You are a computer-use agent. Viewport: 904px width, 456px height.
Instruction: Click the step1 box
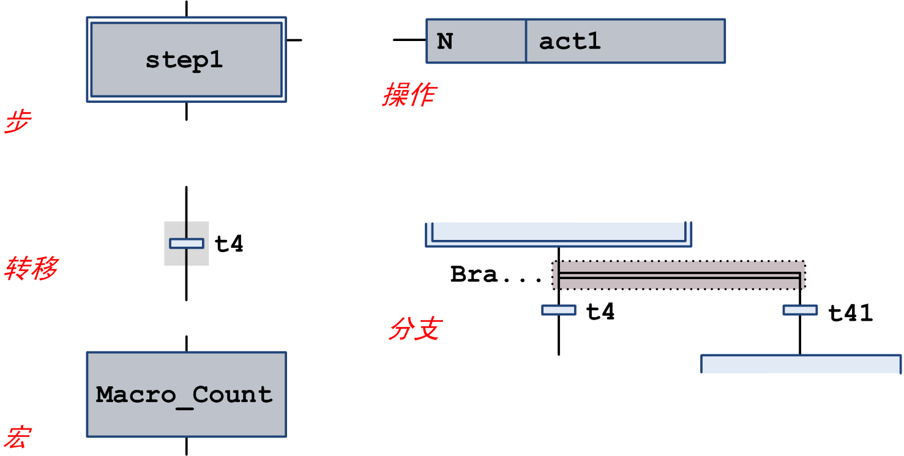coord(186,59)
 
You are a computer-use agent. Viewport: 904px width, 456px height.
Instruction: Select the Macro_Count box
coord(186,394)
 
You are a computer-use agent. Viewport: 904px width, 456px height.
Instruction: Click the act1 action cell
coord(625,41)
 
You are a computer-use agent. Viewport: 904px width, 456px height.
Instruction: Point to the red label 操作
coord(409,95)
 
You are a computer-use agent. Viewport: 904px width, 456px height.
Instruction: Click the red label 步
coord(17,123)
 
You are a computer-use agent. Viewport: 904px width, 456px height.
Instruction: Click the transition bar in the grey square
coord(186,244)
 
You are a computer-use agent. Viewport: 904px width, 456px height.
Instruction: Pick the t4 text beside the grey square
coord(229,244)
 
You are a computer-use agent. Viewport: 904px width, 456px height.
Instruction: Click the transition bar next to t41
coord(800,310)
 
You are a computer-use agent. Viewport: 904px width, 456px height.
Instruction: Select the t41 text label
coord(850,313)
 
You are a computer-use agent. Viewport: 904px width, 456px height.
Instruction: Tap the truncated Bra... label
coord(496,275)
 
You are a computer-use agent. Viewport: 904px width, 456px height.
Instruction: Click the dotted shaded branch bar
coord(679,275)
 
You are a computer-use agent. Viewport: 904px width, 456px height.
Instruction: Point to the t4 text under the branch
coord(600,312)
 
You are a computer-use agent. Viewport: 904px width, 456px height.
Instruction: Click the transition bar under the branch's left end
coord(558,310)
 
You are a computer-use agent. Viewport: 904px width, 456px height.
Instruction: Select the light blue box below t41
coord(801,364)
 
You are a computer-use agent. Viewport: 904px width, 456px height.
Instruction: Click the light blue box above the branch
coord(558,234)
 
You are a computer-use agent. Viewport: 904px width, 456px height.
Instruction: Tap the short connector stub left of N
coord(409,40)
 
